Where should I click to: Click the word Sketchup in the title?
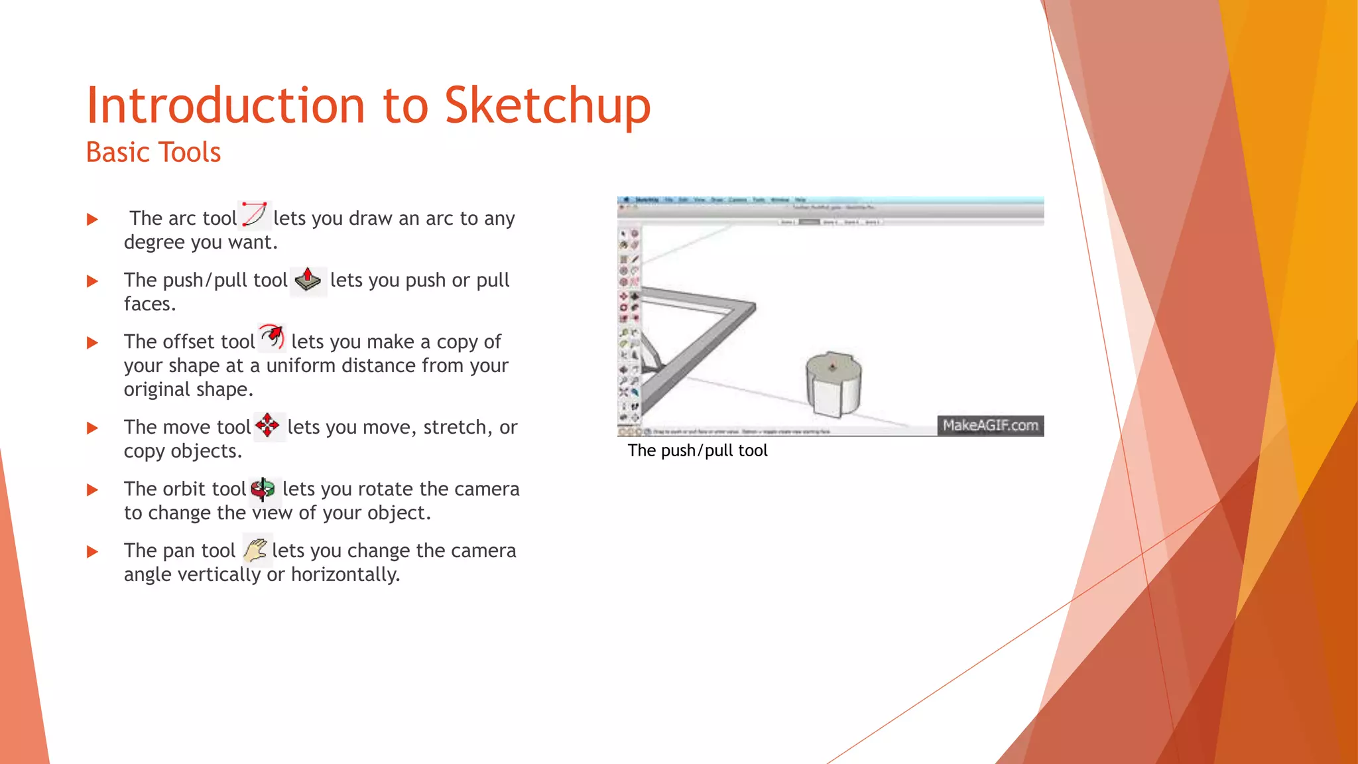(x=547, y=106)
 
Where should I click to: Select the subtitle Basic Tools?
(x=153, y=153)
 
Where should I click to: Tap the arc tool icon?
(x=254, y=215)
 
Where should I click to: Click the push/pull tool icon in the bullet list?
(x=308, y=280)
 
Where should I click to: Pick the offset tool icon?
(x=272, y=338)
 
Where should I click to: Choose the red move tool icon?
(x=268, y=426)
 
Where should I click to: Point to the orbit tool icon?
(x=263, y=489)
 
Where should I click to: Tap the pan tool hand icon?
(x=255, y=550)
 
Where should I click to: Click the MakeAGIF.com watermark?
(x=990, y=426)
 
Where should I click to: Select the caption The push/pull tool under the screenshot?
(x=698, y=451)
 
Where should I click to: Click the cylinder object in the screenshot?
(x=833, y=385)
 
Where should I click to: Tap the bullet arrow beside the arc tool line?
(x=93, y=220)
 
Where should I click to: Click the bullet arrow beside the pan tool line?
(x=93, y=552)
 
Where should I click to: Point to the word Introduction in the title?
(x=225, y=106)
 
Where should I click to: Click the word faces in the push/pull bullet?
(x=147, y=304)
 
